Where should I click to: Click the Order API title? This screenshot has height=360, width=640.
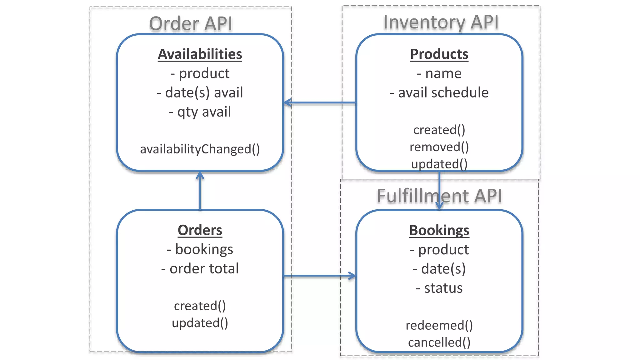(x=191, y=24)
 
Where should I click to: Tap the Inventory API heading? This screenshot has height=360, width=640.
(x=441, y=22)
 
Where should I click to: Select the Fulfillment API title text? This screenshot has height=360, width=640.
(x=439, y=196)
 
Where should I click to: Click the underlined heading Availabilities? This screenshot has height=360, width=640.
(x=200, y=54)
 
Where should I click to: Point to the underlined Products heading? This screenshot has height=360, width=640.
(x=439, y=54)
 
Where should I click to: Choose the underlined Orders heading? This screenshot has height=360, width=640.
(x=200, y=230)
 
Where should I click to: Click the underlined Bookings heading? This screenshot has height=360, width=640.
(x=439, y=230)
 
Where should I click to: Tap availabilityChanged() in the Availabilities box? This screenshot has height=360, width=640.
(x=200, y=149)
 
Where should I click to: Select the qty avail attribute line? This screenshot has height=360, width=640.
(x=200, y=112)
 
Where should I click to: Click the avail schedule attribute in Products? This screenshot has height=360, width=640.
(x=439, y=92)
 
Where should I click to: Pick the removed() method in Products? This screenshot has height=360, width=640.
(x=439, y=147)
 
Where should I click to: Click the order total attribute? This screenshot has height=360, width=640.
(x=200, y=268)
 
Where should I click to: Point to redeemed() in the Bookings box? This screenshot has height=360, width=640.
(x=439, y=325)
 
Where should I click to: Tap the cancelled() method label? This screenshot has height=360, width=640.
(x=439, y=342)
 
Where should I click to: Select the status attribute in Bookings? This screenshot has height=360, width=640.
(x=439, y=288)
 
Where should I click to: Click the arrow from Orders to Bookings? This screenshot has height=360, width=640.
(x=319, y=276)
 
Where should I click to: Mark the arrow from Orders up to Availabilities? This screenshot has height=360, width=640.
(x=200, y=191)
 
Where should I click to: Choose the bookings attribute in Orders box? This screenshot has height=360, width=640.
(x=200, y=249)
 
